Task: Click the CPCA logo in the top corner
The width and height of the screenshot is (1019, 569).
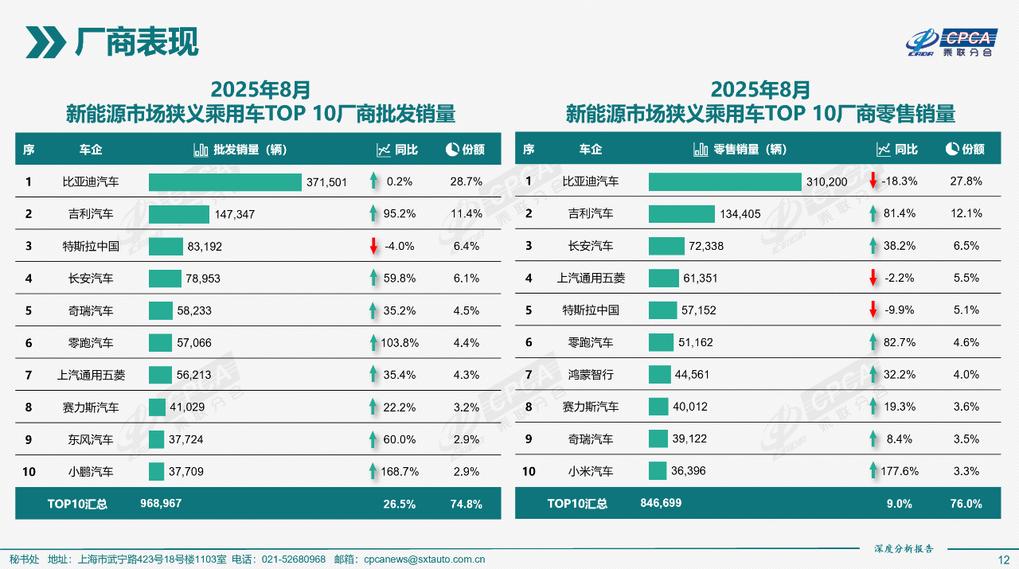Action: (x=952, y=43)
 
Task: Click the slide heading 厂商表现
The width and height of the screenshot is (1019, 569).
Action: (x=136, y=42)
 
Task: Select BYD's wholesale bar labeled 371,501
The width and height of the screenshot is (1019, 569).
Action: (x=225, y=182)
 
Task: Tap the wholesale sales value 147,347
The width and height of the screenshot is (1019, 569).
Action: (x=232, y=214)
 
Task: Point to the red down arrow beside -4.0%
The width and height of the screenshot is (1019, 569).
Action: (x=373, y=246)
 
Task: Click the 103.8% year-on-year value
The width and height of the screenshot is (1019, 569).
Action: (x=399, y=343)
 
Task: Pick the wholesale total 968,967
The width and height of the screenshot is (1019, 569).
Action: (x=161, y=504)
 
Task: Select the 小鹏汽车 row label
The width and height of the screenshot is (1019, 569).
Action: (x=91, y=472)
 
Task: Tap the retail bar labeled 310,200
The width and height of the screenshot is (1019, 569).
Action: (x=724, y=181)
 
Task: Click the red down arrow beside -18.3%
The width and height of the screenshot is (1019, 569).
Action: (x=873, y=181)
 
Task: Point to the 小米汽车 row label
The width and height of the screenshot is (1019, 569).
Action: (x=591, y=472)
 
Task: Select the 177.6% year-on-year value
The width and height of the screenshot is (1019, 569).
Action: (x=899, y=472)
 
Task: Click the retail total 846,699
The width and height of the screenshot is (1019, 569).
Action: (x=661, y=504)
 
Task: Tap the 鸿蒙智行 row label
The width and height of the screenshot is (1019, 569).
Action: (x=591, y=375)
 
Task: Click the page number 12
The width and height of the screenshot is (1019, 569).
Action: (x=1003, y=559)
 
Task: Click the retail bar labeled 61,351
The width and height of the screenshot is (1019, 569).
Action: (x=663, y=278)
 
